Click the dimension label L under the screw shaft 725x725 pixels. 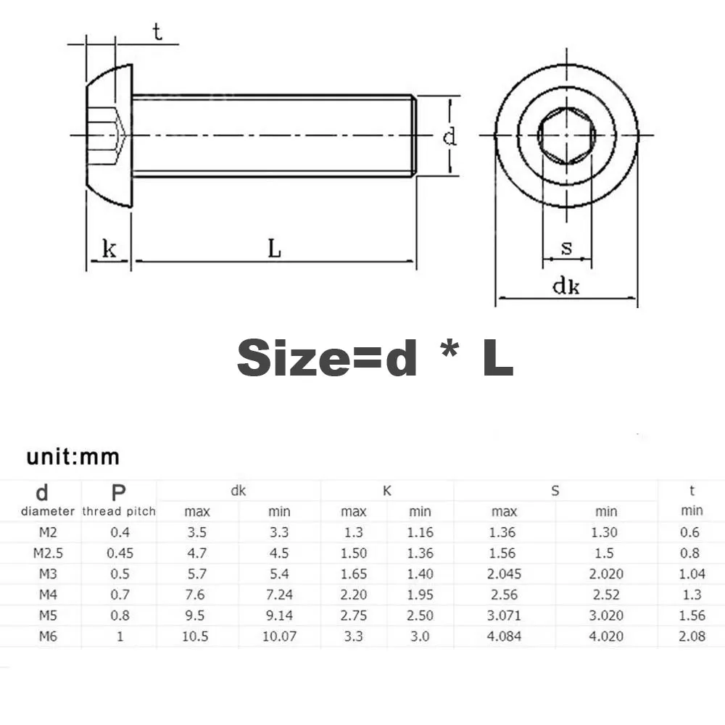pos(274,249)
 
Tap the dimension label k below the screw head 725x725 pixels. pos(109,249)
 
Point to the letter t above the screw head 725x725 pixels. pos(157,33)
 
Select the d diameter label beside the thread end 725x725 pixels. pos(450,136)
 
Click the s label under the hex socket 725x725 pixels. pos(566,248)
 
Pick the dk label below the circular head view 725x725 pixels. pos(566,286)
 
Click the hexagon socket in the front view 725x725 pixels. pos(566,136)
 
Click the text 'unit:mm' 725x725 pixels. pos(72,457)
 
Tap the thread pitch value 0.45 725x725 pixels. pos(119,553)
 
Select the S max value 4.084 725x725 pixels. pos(502,637)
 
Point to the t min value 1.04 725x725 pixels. pos(691,574)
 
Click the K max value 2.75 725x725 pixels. pos(354,616)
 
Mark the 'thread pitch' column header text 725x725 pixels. pos(119,511)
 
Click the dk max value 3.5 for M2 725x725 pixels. pos(196,532)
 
